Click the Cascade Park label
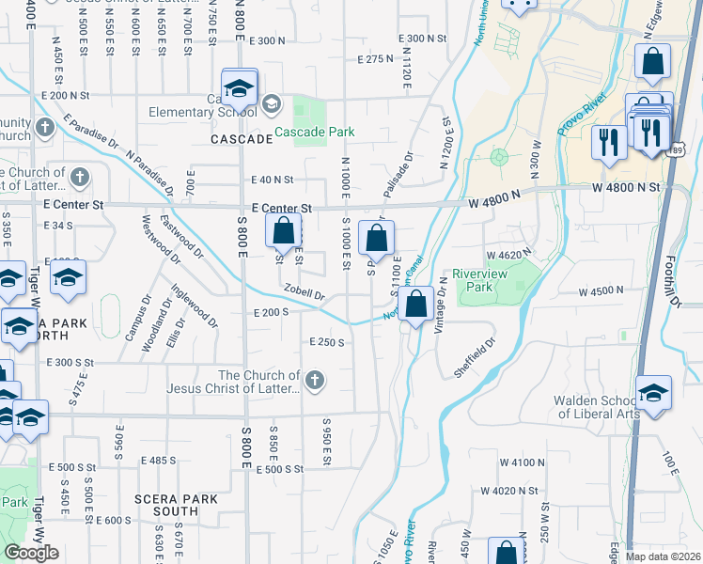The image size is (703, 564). [x=315, y=133]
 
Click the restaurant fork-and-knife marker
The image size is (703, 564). [x=609, y=142]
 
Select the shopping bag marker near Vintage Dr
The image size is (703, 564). [x=415, y=304]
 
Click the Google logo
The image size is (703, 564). [x=31, y=553]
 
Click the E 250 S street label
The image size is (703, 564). [x=327, y=342]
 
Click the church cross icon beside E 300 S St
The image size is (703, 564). [x=315, y=381]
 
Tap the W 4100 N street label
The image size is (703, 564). [x=523, y=462]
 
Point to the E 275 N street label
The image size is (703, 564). [x=375, y=58]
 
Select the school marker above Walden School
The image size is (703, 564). [x=653, y=392]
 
